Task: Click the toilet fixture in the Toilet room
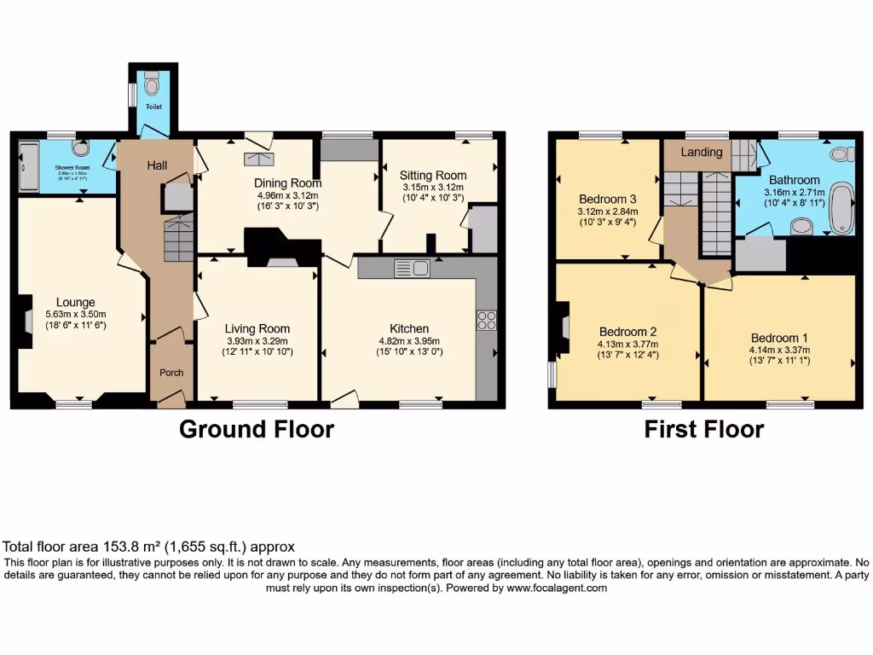pos(152,84)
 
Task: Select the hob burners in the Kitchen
pos(487,321)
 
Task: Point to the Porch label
pos(172,373)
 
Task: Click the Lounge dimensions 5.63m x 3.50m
pos(76,314)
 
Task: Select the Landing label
pos(702,152)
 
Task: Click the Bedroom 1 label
pos(776,338)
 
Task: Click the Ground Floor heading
pos(256,430)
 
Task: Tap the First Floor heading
pos(703,430)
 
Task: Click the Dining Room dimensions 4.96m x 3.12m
pos(287,194)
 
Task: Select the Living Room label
pos(257,328)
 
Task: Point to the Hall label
pos(155,165)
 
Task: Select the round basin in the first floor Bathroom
pos(801,226)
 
